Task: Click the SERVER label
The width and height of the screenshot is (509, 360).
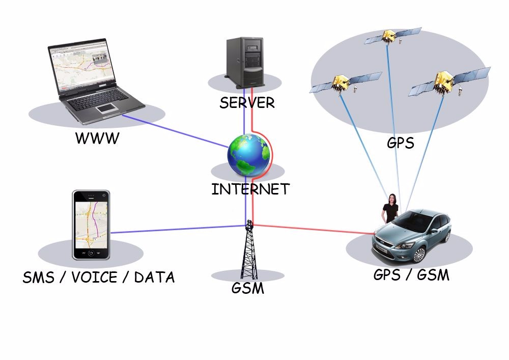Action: [247, 102]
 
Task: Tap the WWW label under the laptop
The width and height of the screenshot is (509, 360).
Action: [97, 137]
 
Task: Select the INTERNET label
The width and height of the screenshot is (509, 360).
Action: [250, 189]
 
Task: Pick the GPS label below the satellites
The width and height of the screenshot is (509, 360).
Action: [400, 143]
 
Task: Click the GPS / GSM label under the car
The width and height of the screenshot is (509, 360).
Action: [411, 275]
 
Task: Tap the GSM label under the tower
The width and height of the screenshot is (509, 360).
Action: [248, 288]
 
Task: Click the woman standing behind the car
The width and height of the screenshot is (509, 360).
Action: [391, 209]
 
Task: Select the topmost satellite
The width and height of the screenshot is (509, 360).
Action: [389, 36]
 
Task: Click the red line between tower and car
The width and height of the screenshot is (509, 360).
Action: [316, 229]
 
